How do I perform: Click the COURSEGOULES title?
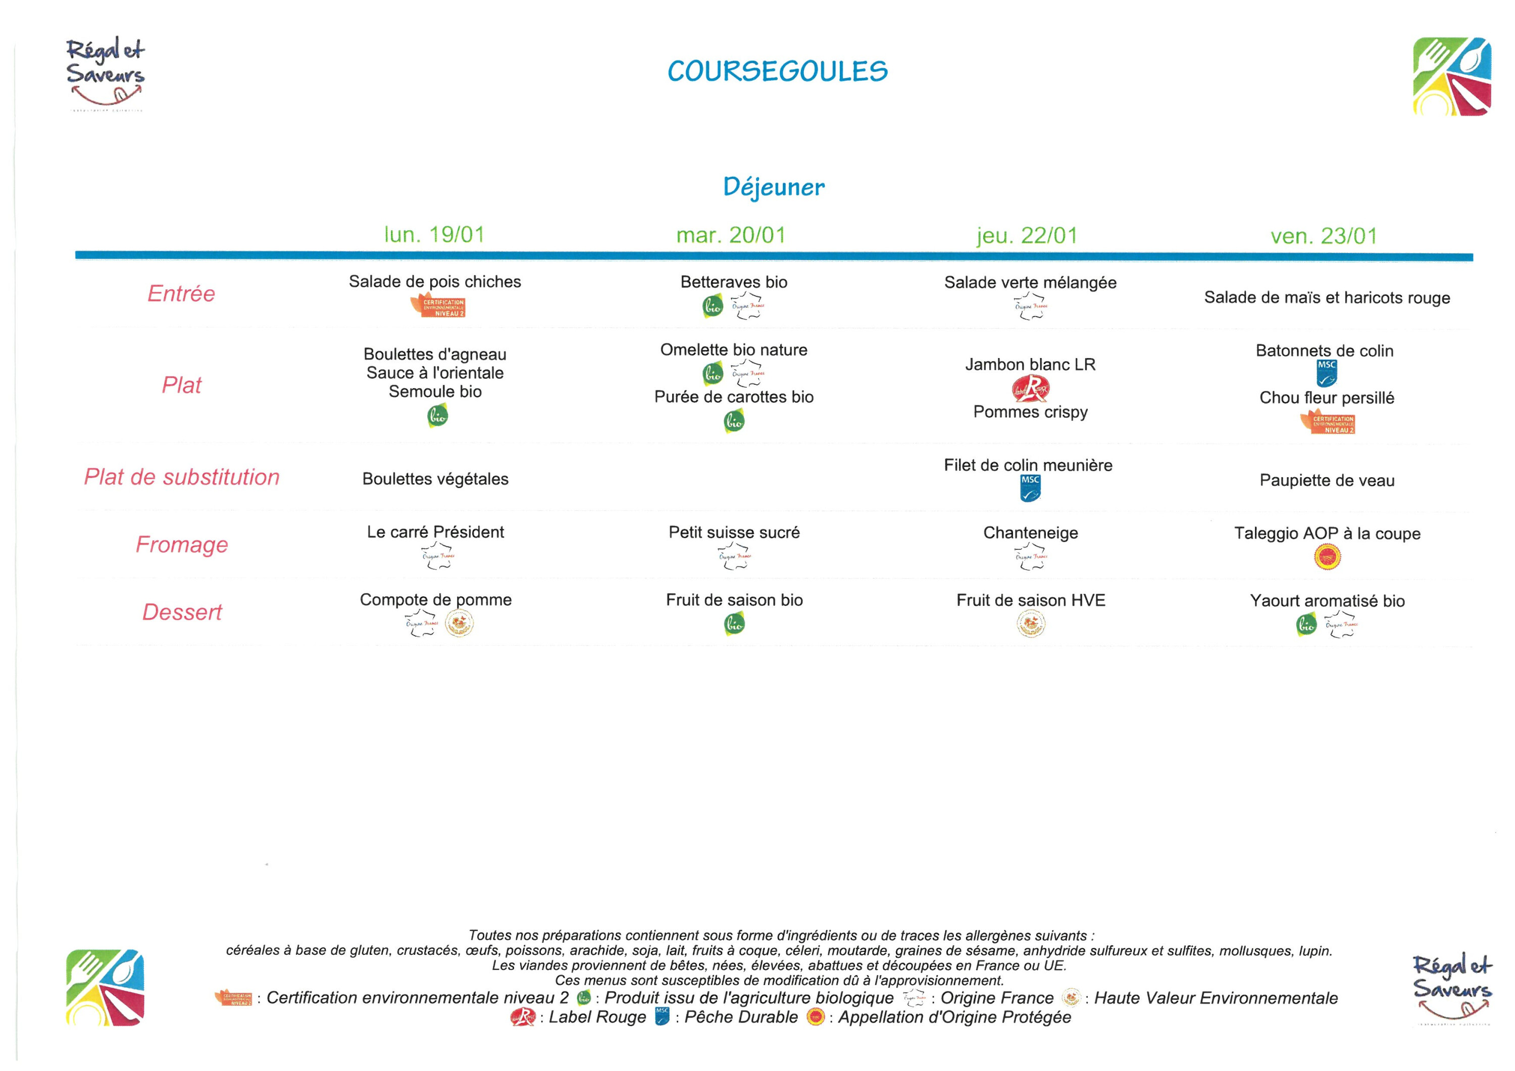tap(777, 71)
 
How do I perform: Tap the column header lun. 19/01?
tap(434, 235)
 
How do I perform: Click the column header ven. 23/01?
tap(1324, 236)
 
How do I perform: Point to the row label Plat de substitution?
tap(181, 477)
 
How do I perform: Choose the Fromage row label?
tap(181, 544)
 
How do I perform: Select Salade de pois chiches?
tap(434, 282)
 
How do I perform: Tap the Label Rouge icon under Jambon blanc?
tap(1030, 389)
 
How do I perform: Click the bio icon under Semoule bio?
tap(437, 416)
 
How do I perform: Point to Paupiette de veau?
tap(1326, 480)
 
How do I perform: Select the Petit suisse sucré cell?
tap(734, 533)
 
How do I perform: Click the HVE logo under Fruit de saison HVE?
tap(1031, 624)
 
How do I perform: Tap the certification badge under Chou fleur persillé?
tap(1328, 422)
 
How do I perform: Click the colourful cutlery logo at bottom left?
tap(105, 987)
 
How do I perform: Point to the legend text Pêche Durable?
tap(740, 1017)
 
